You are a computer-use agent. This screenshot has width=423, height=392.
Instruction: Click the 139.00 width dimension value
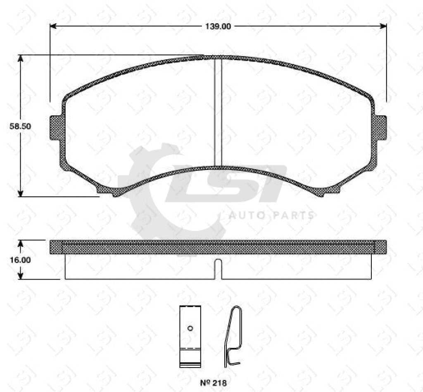218,26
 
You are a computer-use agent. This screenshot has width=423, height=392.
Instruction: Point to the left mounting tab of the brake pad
55,128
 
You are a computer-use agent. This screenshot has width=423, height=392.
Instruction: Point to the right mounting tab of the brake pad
380,128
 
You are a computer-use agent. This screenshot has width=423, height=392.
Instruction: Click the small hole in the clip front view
190,328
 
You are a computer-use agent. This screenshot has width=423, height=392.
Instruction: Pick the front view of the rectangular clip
190,336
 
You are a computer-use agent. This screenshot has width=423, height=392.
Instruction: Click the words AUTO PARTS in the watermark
271,215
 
